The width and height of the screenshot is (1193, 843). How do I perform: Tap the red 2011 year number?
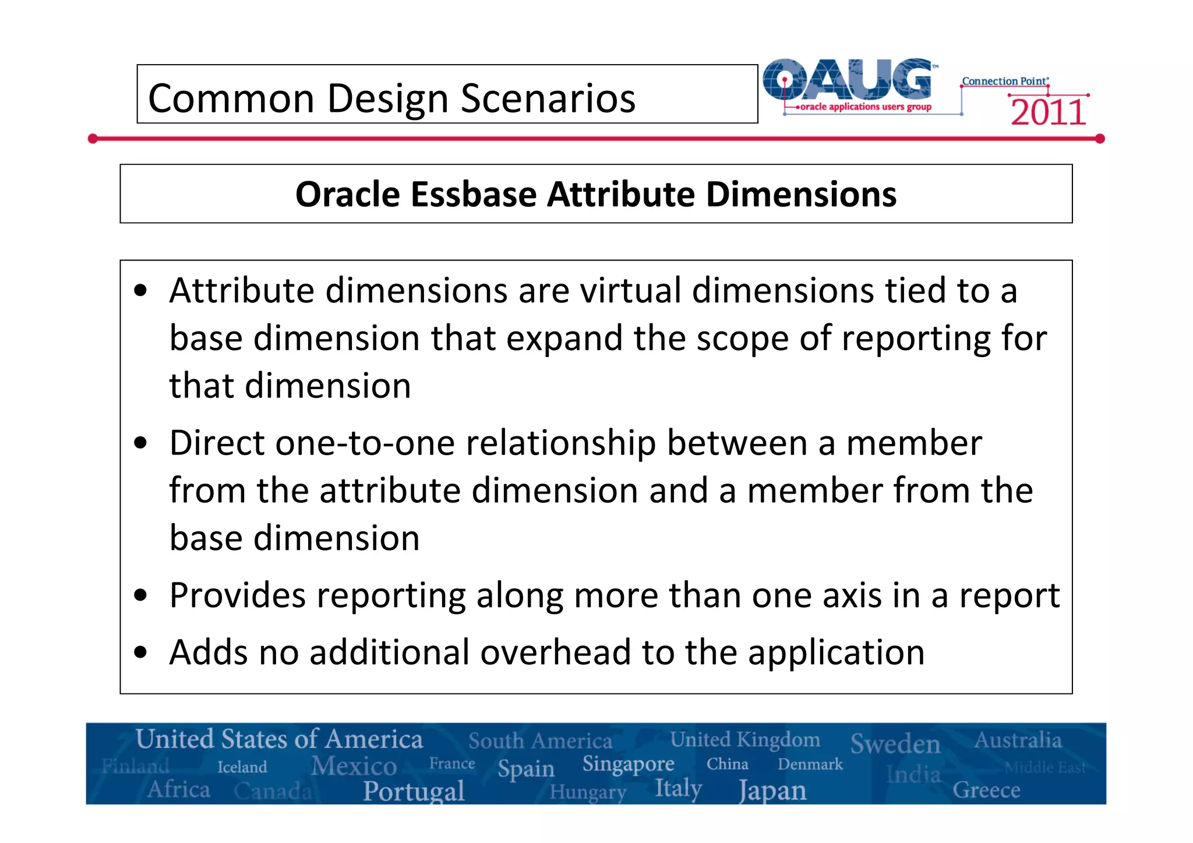coord(1048,112)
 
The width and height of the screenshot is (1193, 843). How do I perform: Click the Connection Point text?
coord(1005,81)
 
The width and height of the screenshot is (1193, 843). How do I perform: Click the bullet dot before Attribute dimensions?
coord(140,290)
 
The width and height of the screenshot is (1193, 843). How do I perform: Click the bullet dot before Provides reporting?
coord(140,595)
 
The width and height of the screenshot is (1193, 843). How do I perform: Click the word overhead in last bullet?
coord(555,652)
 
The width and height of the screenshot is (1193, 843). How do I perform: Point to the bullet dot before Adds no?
coord(140,652)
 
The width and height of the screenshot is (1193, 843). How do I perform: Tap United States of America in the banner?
coord(279,739)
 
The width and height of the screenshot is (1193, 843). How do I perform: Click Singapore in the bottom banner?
coord(628,763)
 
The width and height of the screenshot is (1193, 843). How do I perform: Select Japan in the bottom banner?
coord(772,791)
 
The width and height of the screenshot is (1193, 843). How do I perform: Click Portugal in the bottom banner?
coord(414,791)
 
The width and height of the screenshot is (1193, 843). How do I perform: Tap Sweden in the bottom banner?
coord(895,744)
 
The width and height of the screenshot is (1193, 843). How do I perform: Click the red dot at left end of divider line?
coord(93,139)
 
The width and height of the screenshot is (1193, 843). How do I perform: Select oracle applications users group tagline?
coord(866,107)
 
